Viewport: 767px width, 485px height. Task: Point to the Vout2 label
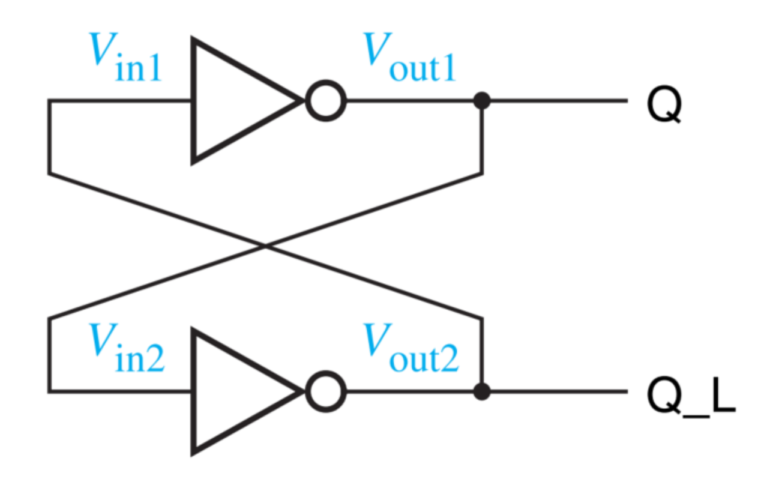coord(411,350)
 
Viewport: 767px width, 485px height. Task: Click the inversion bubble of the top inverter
coord(326,100)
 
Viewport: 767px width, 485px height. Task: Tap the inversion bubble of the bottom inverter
coord(326,392)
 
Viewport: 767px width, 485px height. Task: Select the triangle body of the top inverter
coord(234,100)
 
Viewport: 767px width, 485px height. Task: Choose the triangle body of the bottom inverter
coord(234,392)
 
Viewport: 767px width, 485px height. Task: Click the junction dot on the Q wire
coord(481,101)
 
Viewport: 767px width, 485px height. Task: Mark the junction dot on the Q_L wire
coord(481,392)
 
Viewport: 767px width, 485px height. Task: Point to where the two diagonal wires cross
coord(265,246)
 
